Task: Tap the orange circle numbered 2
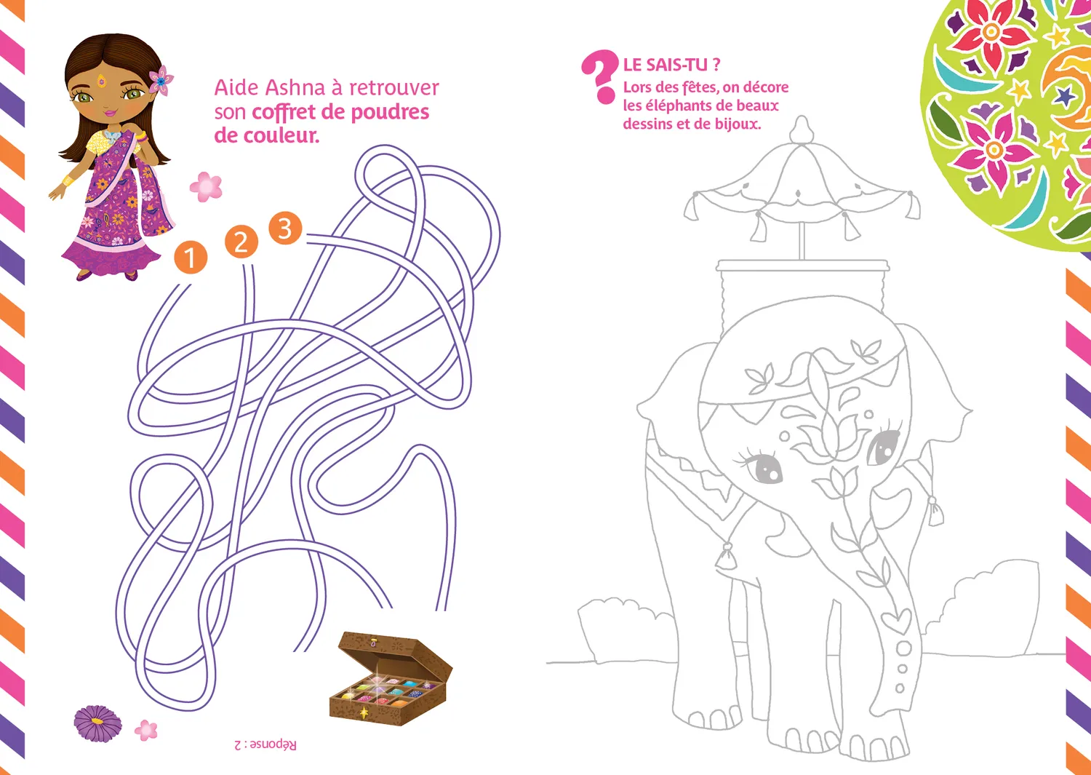pyautogui.click(x=241, y=242)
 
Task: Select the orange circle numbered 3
pyautogui.click(x=285, y=228)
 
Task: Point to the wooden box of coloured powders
pyautogui.click(x=391, y=678)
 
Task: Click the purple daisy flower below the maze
pyautogui.click(x=97, y=723)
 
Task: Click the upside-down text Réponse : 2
pyautogui.click(x=265, y=745)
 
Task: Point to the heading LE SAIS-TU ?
pyautogui.click(x=671, y=64)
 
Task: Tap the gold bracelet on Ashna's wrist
pyautogui.click(x=68, y=180)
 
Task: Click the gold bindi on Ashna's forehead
pyautogui.click(x=101, y=78)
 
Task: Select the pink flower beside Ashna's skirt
pyautogui.click(x=206, y=187)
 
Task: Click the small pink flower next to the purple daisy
pyautogui.click(x=146, y=730)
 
